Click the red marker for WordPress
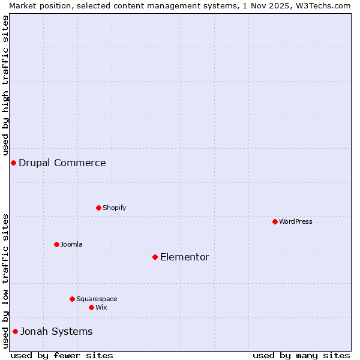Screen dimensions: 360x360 (275, 221)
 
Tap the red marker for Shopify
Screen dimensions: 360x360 (98, 208)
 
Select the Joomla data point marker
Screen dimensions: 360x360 (56, 244)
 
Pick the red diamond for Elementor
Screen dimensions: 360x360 (155, 257)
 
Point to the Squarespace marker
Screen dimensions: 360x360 (72, 299)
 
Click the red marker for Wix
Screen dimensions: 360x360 (91, 307)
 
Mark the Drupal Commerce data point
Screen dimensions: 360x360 (13, 163)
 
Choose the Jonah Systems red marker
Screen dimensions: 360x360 (15, 331)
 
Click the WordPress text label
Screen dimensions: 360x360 (295, 221)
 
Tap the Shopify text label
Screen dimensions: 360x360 (114, 208)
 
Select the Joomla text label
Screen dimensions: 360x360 (71, 244)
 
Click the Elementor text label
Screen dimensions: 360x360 (185, 257)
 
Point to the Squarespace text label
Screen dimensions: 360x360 (97, 299)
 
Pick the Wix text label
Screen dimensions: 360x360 (101, 307)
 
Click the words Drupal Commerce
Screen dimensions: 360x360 (62, 163)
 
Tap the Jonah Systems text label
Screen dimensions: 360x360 (56, 331)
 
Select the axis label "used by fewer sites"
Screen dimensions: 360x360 (62, 355)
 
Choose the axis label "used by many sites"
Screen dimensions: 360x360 (301, 355)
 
